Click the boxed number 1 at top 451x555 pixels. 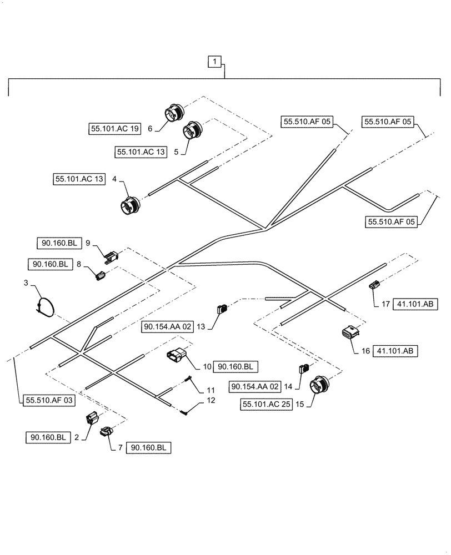214,62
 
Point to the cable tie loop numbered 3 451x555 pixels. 45,307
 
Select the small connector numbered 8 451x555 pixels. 101,275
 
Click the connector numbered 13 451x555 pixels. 222,309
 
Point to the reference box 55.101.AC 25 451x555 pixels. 267,405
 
